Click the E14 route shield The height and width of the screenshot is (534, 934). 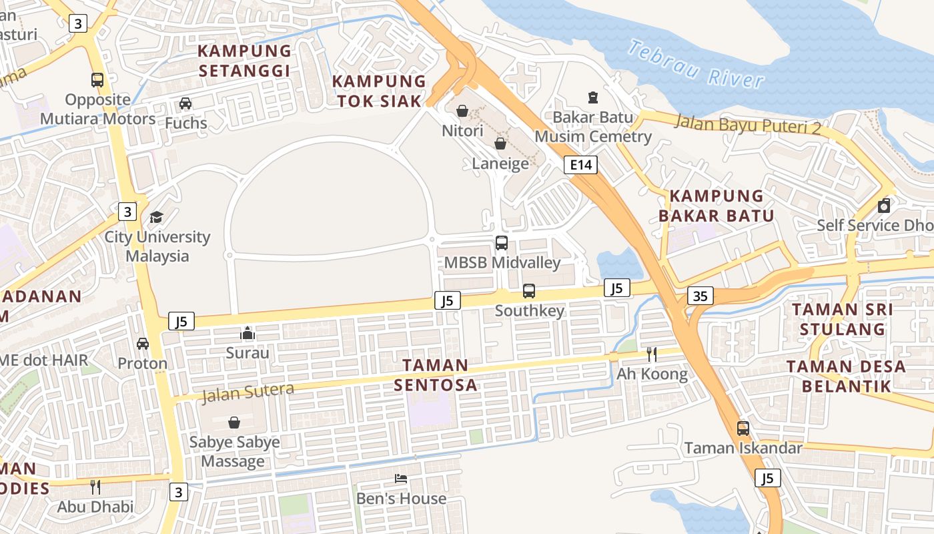click(x=580, y=165)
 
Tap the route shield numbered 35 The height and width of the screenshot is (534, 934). click(x=700, y=295)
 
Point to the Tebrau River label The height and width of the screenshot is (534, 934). click(x=696, y=64)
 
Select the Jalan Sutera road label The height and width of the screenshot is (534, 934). click(x=248, y=392)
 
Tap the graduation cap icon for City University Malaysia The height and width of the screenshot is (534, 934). click(x=156, y=217)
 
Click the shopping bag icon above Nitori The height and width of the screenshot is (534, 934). click(x=462, y=111)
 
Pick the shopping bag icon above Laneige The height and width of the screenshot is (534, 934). click(x=500, y=144)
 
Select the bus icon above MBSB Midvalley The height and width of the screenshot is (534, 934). click(x=502, y=243)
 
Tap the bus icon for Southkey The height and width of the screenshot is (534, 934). click(x=529, y=291)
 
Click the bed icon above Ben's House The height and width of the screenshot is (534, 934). click(x=401, y=479)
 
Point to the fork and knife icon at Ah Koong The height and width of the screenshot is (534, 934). click(x=652, y=354)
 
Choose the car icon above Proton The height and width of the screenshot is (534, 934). click(x=142, y=344)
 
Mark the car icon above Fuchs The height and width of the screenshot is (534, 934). click(x=185, y=103)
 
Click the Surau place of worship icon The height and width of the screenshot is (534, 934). click(x=248, y=332)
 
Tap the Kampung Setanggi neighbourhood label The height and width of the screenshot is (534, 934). click(x=245, y=61)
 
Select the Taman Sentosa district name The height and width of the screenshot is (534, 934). click(x=435, y=375)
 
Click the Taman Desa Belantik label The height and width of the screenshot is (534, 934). click(x=846, y=376)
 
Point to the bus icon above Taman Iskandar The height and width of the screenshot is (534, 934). click(x=743, y=428)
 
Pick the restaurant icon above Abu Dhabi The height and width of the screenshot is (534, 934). click(x=95, y=487)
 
